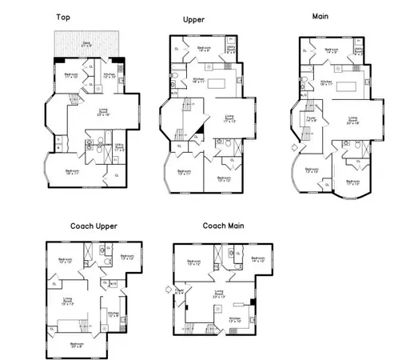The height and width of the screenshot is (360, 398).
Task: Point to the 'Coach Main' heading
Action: click(x=223, y=226)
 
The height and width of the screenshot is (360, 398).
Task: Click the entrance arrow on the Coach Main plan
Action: click(x=166, y=290)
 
